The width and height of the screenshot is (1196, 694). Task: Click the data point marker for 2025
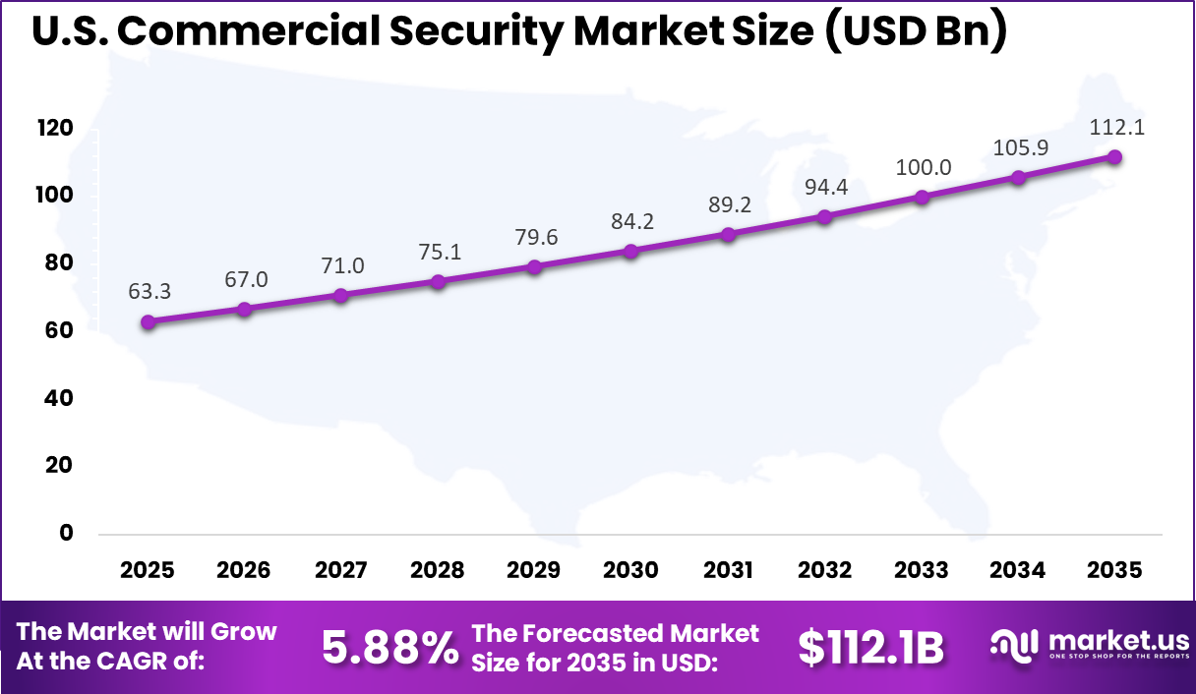149,322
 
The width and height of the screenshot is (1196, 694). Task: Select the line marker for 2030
631,252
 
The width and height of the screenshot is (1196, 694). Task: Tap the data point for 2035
1114,157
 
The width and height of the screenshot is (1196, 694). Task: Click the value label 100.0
923,167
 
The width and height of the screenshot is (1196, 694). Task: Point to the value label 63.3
149,292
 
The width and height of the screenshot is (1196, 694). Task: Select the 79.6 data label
535,237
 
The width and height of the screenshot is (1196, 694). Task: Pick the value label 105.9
1019,147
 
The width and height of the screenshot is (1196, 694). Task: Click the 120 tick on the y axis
55,129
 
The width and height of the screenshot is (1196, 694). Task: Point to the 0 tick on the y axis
67,533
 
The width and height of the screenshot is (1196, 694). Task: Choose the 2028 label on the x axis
438,571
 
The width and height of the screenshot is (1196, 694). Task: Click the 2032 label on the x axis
824,571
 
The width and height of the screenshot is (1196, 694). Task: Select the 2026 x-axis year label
244,571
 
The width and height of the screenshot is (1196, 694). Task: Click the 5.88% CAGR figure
390,647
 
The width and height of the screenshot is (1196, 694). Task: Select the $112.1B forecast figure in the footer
870,647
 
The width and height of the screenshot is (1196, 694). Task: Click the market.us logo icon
1014,644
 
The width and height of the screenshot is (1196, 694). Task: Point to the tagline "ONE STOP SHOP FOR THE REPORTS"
1118,657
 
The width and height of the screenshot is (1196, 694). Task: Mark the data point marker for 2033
922,197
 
